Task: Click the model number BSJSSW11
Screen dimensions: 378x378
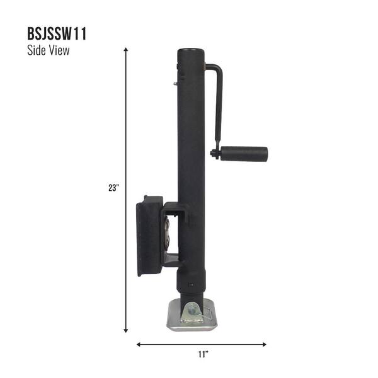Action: coord(57,34)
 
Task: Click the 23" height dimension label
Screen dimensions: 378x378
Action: coord(113,187)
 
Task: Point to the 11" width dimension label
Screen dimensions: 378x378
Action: coord(202,354)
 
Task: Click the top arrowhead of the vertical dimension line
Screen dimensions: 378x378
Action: coord(126,49)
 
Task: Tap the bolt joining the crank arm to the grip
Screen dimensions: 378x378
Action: coord(215,153)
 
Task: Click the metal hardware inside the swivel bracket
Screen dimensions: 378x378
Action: coord(168,233)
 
